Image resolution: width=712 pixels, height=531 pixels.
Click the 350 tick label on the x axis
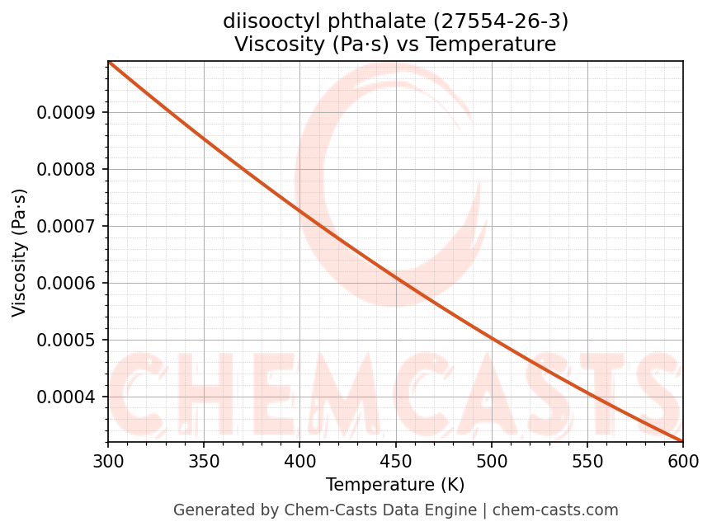pyautogui.click(x=204, y=460)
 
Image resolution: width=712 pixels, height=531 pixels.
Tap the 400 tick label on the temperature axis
pyautogui.click(x=299, y=460)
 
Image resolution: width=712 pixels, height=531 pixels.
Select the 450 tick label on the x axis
pyautogui.click(x=395, y=460)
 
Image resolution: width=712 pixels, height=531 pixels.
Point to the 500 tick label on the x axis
pyautogui.click(x=491, y=460)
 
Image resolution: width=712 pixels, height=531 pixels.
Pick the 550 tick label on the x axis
pyautogui.click(x=587, y=460)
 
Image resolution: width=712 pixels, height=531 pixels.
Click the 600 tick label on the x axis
pyautogui.click(x=682, y=460)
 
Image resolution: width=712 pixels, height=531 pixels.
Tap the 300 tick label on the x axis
pyautogui.click(x=108, y=460)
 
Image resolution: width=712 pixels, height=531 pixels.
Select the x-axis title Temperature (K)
pyautogui.click(x=395, y=485)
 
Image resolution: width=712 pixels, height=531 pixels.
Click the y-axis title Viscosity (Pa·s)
pyautogui.click(x=20, y=252)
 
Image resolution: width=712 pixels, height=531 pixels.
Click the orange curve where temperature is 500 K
pyautogui.click(x=491, y=337)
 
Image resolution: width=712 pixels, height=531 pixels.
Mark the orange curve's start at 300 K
pyautogui.click(x=108, y=62)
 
